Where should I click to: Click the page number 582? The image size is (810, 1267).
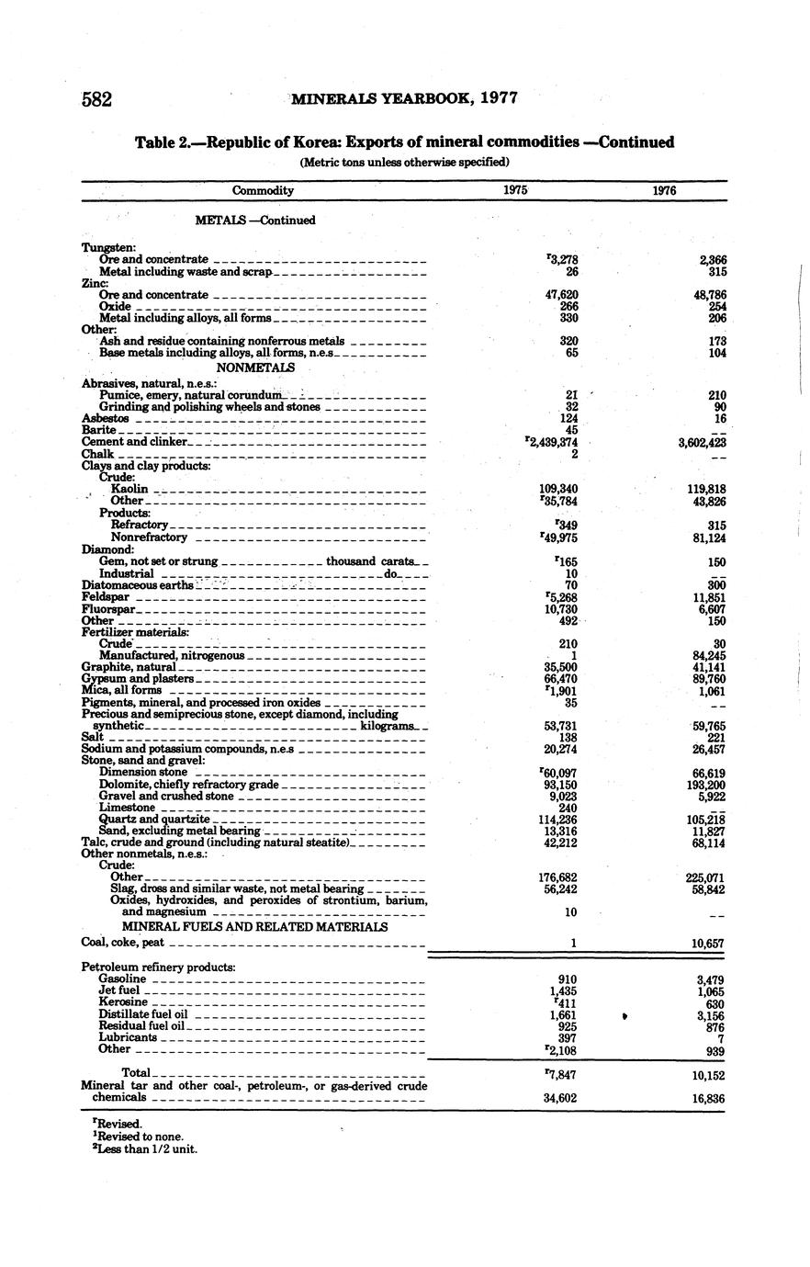click(x=96, y=99)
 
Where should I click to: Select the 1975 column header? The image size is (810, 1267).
click(x=516, y=191)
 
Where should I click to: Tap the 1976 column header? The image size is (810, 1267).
click(x=663, y=191)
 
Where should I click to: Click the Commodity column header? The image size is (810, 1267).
click(x=263, y=191)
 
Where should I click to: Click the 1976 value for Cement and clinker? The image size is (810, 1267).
click(x=700, y=442)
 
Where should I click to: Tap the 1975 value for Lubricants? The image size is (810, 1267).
click(x=567, y=1038)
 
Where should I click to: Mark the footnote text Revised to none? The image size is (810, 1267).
click(x=138, y=1137)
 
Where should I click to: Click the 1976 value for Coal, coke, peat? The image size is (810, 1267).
click(x=705, y=944)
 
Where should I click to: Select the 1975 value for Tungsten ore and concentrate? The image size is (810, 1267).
click(x=561, y=260)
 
